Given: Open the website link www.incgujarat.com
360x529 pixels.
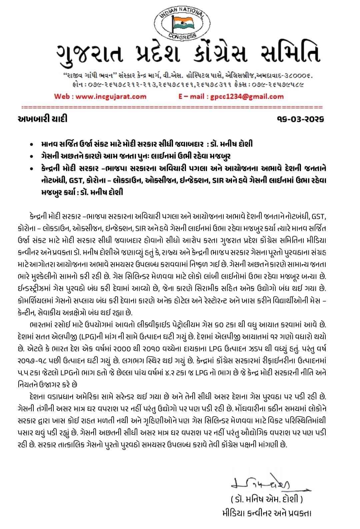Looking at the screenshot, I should click(111, 97).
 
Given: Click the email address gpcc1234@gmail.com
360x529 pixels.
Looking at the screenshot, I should click(247, 97).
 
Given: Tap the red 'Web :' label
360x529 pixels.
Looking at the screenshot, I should click(64, 97).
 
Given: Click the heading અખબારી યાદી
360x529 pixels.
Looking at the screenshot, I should click(42, 118).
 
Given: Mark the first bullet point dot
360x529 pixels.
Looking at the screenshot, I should click(31, 145).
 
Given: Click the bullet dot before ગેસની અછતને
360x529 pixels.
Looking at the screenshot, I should click(31, 156).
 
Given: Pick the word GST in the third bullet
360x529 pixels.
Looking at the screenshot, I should click(76, 180).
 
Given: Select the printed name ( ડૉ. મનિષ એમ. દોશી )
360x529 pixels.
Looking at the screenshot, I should click(267, 499).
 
